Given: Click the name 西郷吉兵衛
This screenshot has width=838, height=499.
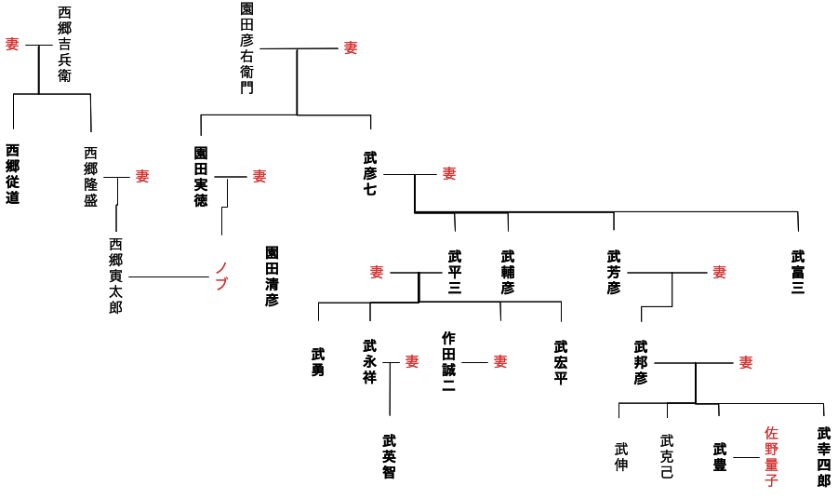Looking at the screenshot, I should click(64, 44).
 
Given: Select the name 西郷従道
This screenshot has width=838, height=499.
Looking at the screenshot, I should click(12, 174).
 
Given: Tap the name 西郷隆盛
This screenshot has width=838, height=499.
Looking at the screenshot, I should click(90, 176).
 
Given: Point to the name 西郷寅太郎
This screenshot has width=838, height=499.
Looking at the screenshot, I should click(115, 276).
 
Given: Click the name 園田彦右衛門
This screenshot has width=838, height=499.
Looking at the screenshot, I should click(246, 47).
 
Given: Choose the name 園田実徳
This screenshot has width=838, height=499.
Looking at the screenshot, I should click(201, 176).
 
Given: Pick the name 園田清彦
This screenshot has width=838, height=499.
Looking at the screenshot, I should click(272, 276).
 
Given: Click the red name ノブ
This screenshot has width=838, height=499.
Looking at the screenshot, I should click(221, 276).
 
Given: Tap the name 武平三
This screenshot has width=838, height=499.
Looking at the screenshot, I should click(454, 273).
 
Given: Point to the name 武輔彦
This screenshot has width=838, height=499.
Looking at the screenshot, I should click(507, 273).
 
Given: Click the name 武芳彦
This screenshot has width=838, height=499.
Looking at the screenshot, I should click(613, 273).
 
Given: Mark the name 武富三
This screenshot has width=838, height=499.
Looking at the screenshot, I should click(797, 273).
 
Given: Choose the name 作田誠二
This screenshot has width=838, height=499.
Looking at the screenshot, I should click(448, 362).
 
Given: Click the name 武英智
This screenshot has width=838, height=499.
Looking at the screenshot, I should click(389, 456).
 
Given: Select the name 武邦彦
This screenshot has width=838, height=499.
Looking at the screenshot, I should click(640, 362).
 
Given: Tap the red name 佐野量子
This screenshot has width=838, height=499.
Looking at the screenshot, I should click(771, 456).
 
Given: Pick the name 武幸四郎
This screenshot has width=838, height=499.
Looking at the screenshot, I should click(823, 456).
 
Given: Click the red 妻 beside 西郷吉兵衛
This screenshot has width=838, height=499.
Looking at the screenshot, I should click(12, 44).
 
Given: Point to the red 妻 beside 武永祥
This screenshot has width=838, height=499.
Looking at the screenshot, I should click(412, 361).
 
